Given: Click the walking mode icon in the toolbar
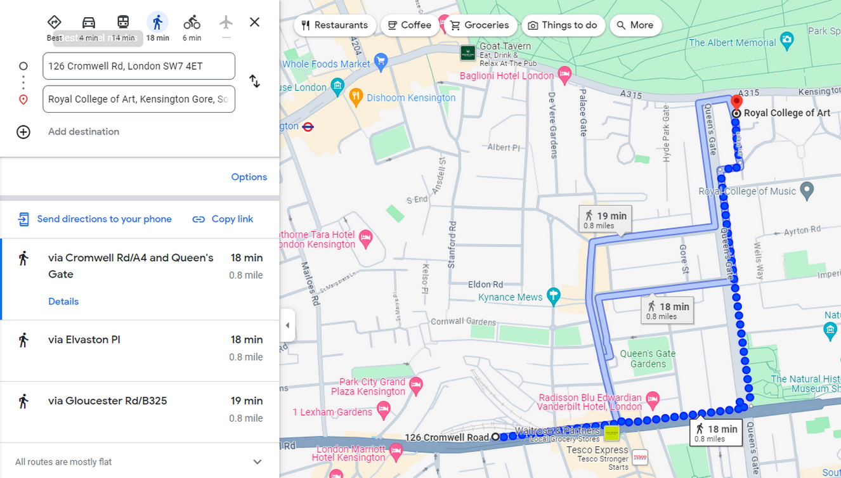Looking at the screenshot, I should (x=157, y=23).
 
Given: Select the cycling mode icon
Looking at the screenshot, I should (x=192, y=23).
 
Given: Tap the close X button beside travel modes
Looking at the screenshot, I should (x=254, y=22).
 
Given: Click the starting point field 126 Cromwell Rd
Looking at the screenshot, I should (x=139, y=66).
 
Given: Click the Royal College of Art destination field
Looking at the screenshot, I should (x=139, y=99).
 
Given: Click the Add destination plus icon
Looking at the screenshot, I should (x=23, y=132).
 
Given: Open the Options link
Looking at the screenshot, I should (x=249, y=177).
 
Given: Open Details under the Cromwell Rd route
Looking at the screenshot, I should (x=63, y=301).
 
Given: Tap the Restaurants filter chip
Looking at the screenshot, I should (x=334, y=25).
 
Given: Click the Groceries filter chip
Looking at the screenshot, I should (x=479, y=25).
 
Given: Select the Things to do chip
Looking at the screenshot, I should (x=562, y=25).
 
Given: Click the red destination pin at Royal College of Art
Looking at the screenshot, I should (x=736, y=101).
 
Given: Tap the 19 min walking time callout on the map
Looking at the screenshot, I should (x=605, y=219).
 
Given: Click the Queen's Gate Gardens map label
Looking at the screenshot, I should (x=648, y=359).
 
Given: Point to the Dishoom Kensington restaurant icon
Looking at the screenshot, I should (x=356, y=97).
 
